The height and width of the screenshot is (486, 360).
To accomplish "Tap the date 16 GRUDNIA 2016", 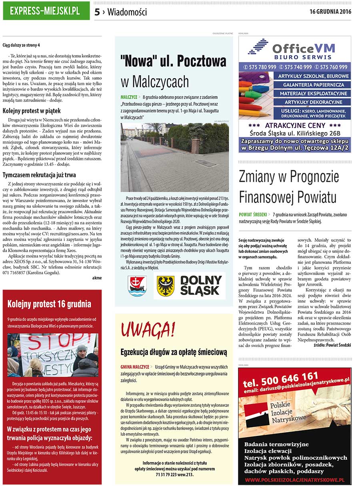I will (330, 11).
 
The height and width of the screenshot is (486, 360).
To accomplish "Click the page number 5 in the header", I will (97, 12).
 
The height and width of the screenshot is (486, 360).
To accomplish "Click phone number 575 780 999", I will (260, 67).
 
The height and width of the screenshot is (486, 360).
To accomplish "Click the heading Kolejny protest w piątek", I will (32, 110).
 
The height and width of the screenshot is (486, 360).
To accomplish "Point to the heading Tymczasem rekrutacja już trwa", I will (39, 175).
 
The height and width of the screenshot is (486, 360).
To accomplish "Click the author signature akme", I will (96, 278).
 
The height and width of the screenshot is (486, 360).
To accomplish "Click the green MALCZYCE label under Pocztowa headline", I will (128, 97).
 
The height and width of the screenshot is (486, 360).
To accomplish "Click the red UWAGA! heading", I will (148, 329).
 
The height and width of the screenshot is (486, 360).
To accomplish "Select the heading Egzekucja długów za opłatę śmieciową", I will (174, 352).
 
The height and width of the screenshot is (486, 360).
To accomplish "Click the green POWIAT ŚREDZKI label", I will (253, 215).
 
